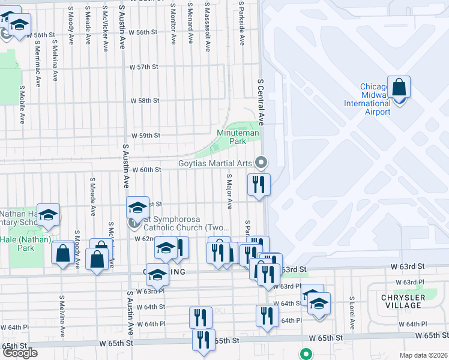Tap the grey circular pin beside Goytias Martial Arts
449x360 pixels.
click(x=261, y=162)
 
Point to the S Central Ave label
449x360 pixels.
click(x=261, y=100)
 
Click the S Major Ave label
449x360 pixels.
click(x=229, y=191)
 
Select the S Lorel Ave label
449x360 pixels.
click(x=352, y=314)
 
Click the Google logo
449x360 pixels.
click(x=20, y=352)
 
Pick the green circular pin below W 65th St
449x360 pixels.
click(x=306, y=354)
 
